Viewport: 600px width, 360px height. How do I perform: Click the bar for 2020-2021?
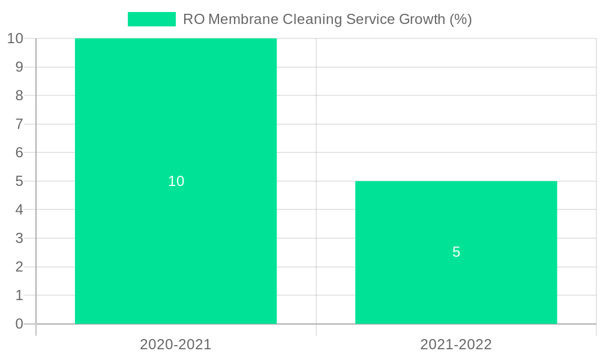176,120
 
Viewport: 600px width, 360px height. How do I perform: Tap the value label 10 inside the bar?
176,181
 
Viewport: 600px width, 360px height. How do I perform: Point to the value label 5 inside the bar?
456,253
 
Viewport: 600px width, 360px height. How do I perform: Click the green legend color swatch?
152,19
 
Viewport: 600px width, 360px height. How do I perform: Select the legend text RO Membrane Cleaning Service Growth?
327,19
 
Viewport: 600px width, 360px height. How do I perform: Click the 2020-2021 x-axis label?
176,344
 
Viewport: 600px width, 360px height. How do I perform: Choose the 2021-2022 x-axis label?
456,344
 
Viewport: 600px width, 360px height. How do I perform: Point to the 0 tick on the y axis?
19,324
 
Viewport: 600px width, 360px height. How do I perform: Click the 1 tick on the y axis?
19,295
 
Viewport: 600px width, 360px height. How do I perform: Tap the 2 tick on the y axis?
19,267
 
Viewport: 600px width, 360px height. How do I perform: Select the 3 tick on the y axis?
19,238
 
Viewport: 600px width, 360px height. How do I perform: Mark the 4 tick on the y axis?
19,210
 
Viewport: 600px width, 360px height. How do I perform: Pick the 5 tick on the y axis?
19,181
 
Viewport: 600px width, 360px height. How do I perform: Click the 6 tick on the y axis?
19,152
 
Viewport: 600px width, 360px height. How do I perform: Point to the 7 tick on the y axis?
19,124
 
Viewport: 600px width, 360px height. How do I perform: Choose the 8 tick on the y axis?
19,95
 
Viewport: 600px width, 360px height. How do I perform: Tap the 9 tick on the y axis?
19,67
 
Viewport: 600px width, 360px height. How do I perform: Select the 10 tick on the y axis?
15,38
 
